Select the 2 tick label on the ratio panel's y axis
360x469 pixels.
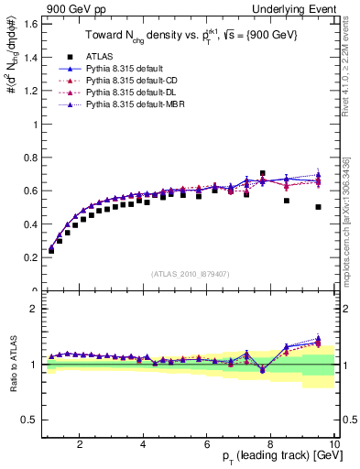click(x=32, y=309)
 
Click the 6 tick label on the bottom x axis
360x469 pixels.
click(x=207, y=443)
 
